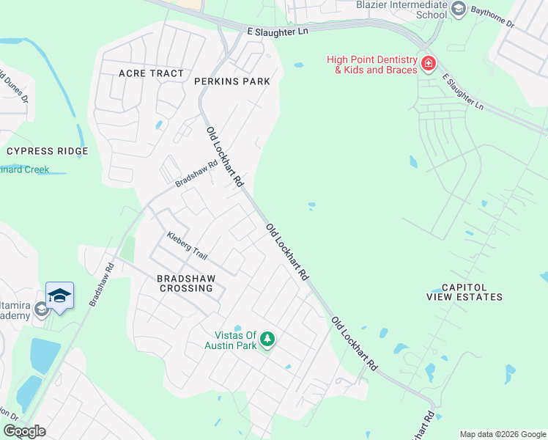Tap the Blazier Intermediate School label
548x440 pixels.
click(401, 9)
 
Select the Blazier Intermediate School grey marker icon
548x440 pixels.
click(459, 9)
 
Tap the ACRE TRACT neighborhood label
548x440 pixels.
click(152, 73)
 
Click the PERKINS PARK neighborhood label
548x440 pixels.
click(232, 81)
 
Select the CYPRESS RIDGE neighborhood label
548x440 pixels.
click(47, 151)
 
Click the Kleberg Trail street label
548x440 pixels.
click(187, 246)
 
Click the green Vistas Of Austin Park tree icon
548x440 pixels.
click(268, 338)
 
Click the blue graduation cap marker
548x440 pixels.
click(59, 296)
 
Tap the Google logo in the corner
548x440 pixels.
click(24, 431)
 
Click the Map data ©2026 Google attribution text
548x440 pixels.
click(503, 434)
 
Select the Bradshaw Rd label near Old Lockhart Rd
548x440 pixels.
click(196, 175)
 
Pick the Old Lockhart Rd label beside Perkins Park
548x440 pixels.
click(225, 157)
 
